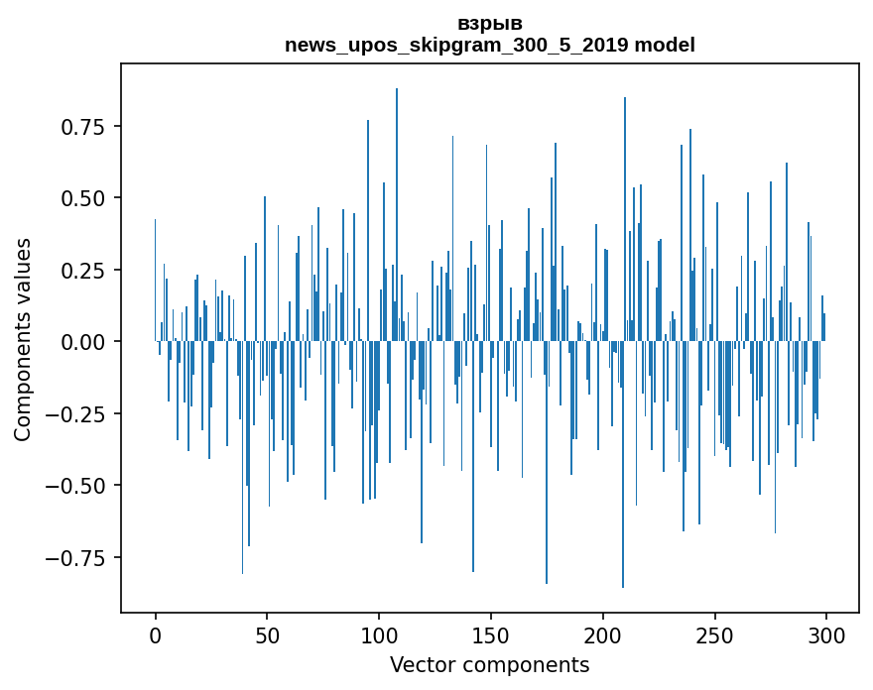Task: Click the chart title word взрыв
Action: coord(490,23)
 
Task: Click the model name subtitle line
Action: coord(490,45)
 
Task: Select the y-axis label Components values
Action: coord(23,339)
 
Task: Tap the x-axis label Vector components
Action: coord(490,665)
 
